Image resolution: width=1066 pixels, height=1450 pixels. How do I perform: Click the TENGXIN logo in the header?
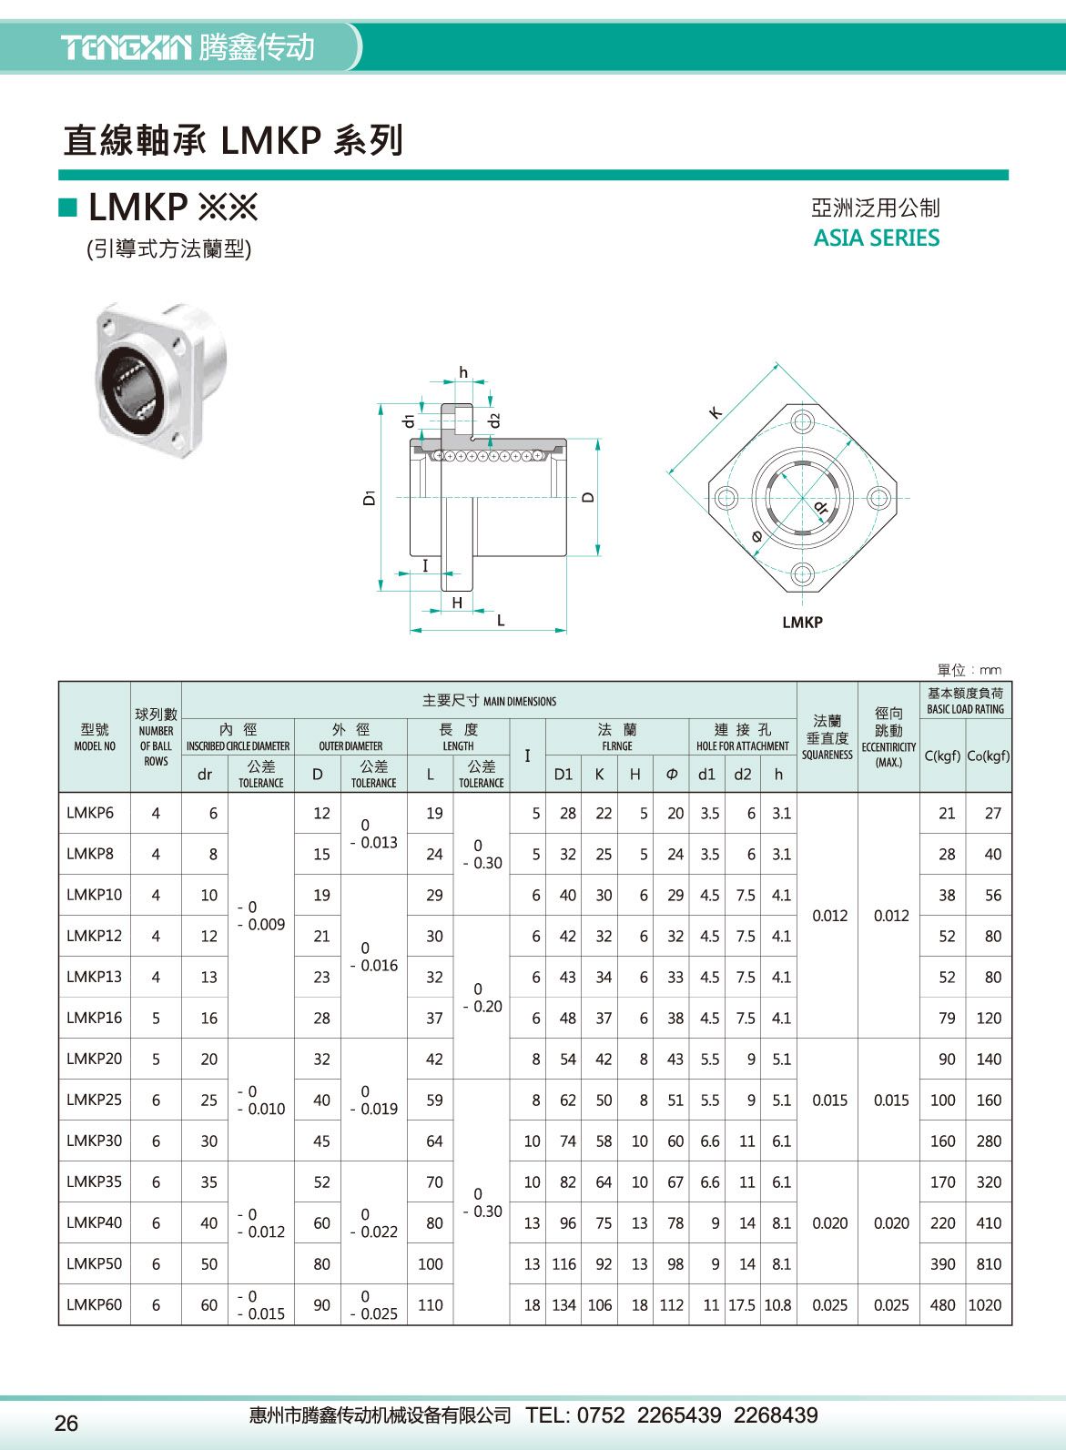126,46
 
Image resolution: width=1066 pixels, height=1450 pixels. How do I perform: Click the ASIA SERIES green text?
876,238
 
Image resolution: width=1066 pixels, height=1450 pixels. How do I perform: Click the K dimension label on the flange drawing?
716,412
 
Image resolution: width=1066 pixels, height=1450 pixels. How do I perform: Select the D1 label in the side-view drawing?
369,498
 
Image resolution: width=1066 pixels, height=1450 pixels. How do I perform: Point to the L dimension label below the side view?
500,621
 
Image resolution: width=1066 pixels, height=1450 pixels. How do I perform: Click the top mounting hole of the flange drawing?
802,421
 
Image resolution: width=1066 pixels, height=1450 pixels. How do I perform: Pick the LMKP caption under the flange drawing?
802,623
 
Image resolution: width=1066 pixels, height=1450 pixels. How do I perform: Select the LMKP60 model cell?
94,1304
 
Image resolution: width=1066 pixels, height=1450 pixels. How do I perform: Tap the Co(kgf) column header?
989,755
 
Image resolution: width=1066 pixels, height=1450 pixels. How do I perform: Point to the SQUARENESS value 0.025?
829,1304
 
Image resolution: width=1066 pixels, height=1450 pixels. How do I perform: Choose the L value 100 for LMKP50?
430,1263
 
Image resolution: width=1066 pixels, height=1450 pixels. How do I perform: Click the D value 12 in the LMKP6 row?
321,813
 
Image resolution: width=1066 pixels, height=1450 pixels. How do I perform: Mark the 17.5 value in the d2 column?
742,1304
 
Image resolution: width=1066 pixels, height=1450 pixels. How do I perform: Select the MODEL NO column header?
95,737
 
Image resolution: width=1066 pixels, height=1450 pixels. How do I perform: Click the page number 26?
66,1424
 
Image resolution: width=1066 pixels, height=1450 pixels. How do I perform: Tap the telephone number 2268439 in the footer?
776,1415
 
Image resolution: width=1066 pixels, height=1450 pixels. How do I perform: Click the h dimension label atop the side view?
463,372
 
